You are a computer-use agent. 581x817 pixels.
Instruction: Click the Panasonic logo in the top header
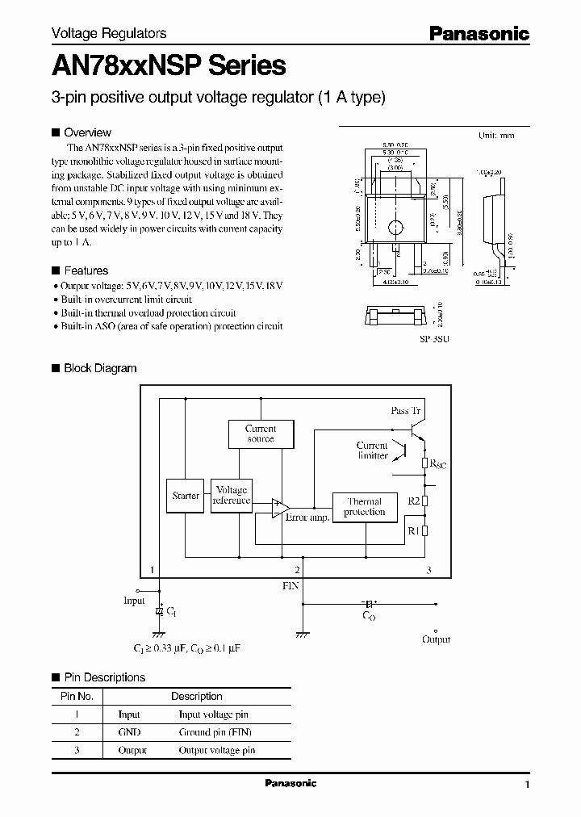pos(478,33)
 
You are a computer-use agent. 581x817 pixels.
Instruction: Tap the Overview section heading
pos(87,132)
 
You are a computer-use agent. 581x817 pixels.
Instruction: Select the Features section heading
pos(86,270)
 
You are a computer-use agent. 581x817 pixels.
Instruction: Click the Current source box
pos(260,434)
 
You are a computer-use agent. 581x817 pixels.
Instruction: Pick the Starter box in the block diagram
pos(186,496)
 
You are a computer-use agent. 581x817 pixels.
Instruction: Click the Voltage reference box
pos(232,496)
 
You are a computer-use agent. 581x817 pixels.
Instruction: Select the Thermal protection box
pos(365,507)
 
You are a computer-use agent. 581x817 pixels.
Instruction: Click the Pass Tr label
pos(406,411)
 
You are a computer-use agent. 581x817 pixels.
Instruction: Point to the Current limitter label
pos(372,450)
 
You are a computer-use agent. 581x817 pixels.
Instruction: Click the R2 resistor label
pos(413,501)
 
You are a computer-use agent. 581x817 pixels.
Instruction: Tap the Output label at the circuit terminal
pos(437,639)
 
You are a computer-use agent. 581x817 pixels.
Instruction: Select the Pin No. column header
pos(77,696)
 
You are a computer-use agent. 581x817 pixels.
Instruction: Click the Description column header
pos(196,696)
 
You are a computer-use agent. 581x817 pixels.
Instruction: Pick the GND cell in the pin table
pos(129,732)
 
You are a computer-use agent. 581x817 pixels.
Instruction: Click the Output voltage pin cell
pos(216,750)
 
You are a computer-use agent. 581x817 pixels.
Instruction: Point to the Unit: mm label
pos(496,136)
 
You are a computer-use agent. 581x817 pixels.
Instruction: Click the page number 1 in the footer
pos(527,785)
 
